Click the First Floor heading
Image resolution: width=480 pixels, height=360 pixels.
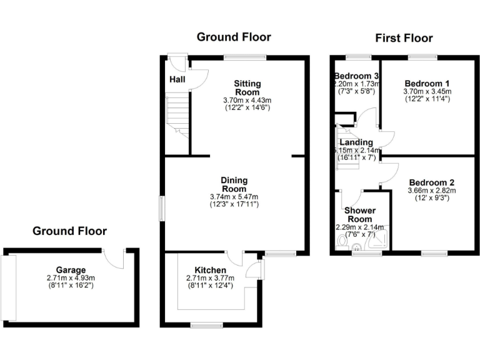pos(404,39)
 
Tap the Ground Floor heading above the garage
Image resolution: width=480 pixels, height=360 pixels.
pos(69,231)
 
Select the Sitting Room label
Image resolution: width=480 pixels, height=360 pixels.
pos(247,87)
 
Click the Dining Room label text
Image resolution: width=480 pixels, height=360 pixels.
pos(234,184)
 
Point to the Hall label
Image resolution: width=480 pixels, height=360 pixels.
pos(176,79)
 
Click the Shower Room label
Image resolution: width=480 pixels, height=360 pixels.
pos(359,215)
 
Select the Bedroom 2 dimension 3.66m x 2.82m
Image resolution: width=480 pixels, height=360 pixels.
pos(432,191)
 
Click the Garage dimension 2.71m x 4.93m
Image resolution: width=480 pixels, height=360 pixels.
pos(70,278)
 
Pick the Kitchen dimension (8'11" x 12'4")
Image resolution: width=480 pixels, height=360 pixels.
pos(210,286)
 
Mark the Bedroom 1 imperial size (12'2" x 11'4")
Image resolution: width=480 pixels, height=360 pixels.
pos(427,99)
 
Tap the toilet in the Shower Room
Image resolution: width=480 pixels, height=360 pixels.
pos(342,241)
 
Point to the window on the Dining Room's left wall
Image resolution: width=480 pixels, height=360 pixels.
pos(161,208)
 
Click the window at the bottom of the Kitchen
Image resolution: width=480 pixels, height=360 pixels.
pos(206,324)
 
